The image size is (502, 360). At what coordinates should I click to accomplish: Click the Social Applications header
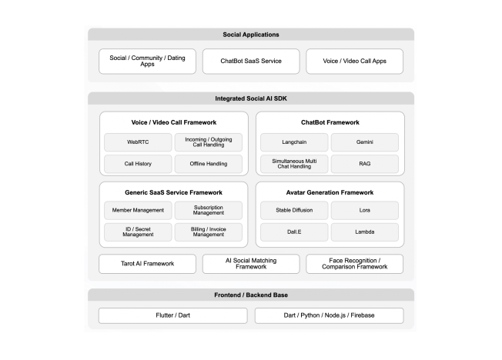point(251,35)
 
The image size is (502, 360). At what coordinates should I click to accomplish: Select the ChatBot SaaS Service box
point(251,61)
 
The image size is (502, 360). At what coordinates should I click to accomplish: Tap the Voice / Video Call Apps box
point(354,61)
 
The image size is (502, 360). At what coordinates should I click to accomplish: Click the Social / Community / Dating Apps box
point(147,61)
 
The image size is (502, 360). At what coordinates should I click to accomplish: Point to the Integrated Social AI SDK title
point(251,98)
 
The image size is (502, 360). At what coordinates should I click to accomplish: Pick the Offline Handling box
point(208,164)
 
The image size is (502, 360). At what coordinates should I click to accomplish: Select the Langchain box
point(294,142)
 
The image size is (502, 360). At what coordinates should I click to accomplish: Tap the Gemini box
point(365,142)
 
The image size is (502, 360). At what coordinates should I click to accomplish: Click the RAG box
point(365,164)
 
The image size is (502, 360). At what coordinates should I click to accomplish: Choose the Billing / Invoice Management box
point(208,232)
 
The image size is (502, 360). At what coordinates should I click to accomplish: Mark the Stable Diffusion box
point(294,210)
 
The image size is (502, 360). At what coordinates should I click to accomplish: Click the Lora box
point(365,210)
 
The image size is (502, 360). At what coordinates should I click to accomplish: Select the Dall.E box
point(294,232)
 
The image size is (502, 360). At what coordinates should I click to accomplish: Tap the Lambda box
point(365,232)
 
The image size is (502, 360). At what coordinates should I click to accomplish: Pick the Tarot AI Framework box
point(147,264)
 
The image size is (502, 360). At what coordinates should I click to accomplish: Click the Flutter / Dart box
point(173,315)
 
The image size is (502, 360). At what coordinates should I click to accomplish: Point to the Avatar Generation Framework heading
point(330,192)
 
